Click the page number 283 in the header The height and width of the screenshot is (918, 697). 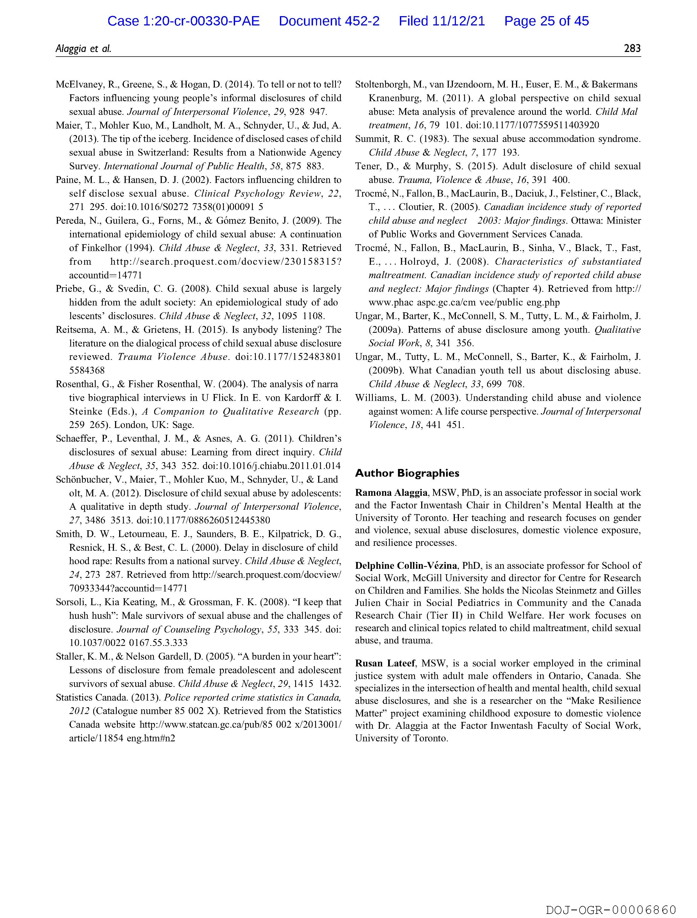click(x=632, y=49)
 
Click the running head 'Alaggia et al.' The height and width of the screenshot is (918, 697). click(x=83, y=49)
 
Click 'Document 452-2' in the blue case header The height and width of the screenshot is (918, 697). click(x=329, y=21)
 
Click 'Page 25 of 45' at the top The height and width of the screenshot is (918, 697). click(x=546, y=21)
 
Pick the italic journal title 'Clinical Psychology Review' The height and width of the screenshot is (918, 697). click(x=258, y=194)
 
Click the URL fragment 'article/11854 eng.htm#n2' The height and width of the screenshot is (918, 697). click(x=122, y=738)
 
